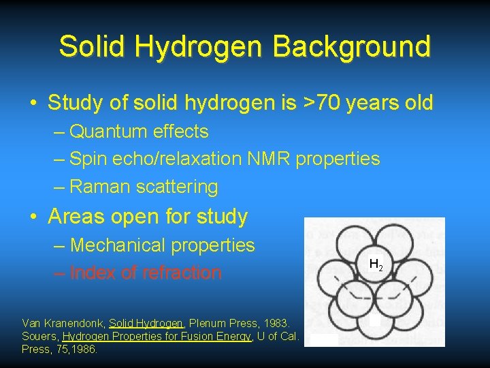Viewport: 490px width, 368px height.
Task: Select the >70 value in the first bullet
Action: coord(323,103)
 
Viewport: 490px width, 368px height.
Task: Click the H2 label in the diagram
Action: coord(375,264)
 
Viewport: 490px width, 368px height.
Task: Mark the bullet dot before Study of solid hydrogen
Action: coord(33,104)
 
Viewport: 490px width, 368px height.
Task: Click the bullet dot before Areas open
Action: coord(33,217)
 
